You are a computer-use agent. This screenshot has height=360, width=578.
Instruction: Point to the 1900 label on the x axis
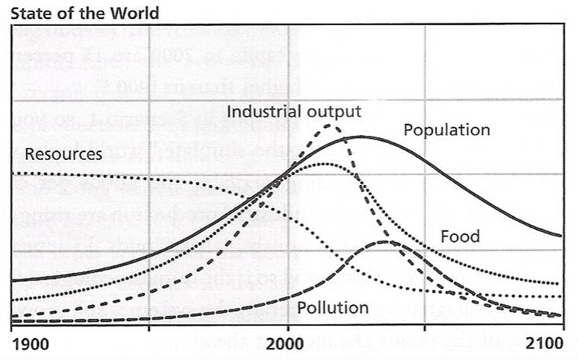point(31,342)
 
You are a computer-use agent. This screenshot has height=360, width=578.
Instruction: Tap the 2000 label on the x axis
point(288,342)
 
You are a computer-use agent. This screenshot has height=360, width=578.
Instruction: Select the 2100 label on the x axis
point(545,342)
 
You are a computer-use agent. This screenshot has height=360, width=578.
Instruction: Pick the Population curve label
point(447,131)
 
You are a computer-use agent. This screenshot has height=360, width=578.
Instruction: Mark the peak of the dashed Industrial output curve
point(330,125)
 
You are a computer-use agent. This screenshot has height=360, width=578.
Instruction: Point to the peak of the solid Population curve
point(359,136)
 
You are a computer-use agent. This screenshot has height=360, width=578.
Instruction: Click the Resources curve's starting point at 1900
point(14,173)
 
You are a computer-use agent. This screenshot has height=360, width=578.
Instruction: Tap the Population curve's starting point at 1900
point(14,280)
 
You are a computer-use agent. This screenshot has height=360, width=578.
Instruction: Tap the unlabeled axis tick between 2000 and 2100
point(425,327)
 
